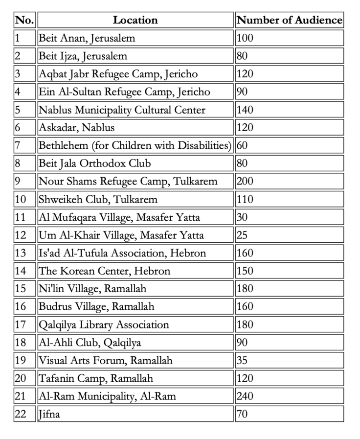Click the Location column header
click(x=135, y=20)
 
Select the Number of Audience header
click(x=289, y=20)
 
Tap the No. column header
click(x=24, y=20)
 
